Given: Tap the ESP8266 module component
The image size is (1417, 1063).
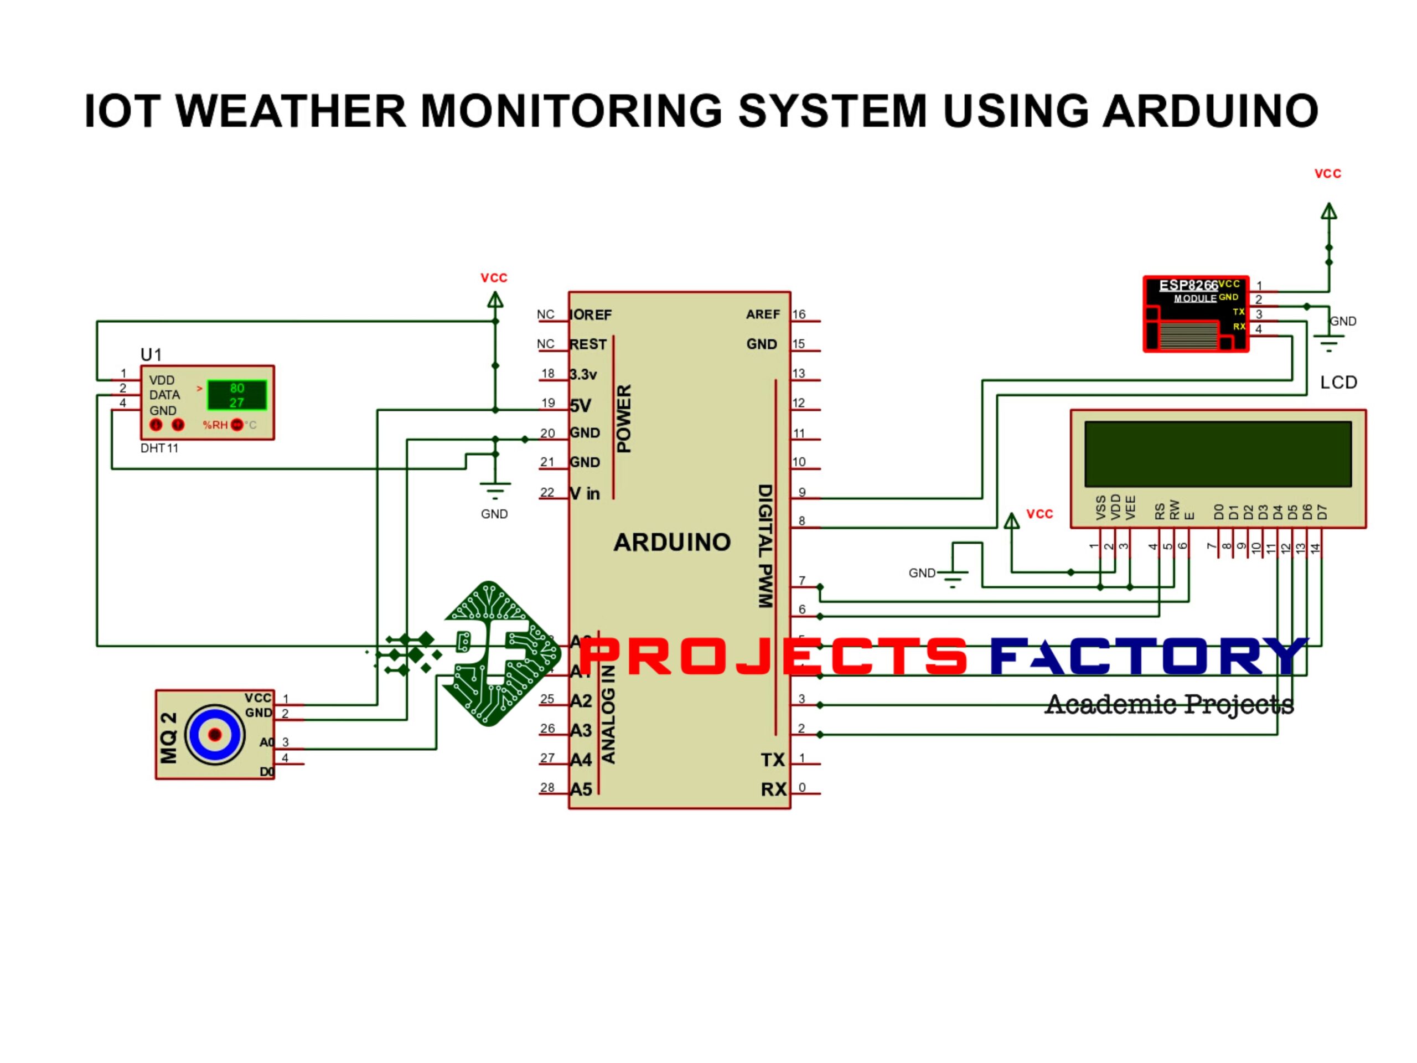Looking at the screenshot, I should (1196, 314).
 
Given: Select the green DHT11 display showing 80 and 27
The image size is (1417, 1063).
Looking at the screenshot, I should (236, 395).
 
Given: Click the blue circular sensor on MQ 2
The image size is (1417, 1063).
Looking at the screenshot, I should (215, 734).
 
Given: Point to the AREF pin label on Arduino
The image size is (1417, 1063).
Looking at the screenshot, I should (762, 314).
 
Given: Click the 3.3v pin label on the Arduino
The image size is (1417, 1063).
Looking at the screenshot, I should (583, 375).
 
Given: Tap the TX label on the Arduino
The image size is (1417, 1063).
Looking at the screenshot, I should (773, 760).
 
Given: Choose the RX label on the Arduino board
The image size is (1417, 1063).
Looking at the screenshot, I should (773, 789).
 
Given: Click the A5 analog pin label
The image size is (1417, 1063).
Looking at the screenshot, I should (581, 789).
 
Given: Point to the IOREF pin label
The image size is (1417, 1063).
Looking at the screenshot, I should (591, 314).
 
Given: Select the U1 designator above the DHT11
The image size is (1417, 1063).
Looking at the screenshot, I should (151, 355).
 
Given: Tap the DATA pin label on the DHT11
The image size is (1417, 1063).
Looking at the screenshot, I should (164, 395).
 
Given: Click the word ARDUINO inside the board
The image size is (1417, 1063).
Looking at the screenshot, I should (672, 543).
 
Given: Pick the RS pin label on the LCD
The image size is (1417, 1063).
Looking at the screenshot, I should (1160, 510).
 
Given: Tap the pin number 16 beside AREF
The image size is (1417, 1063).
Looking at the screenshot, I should (799, 314).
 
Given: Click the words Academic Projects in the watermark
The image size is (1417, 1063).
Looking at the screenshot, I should (1168, 704).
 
